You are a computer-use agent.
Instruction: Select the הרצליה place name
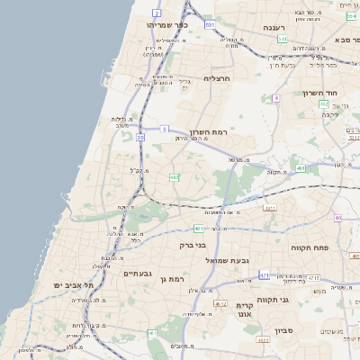pos(219,78)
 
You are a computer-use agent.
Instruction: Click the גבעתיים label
pos(138,273)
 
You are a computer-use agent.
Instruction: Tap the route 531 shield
pos(210,25)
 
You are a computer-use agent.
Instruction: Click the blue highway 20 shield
pos(140,138)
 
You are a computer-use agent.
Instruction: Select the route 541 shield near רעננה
pos(282,40)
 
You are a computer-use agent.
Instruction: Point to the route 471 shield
pos(264,274)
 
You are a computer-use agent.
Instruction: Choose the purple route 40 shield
pos(338,218)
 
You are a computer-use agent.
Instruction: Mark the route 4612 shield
pos(220,304)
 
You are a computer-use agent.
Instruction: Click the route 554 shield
pos(350,16)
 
